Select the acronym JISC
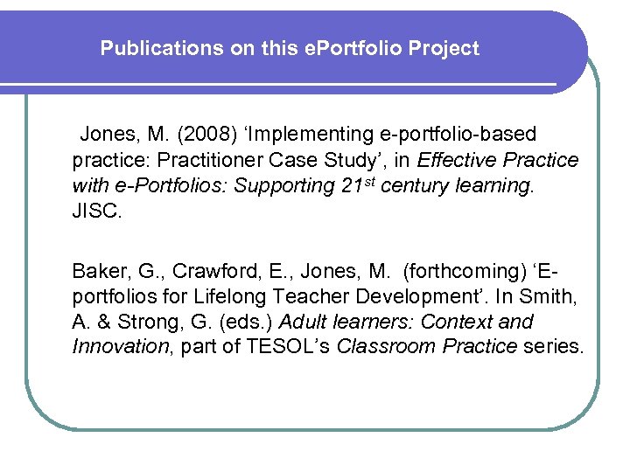click(x=96, y=211)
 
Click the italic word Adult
click(x=302, y=322)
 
